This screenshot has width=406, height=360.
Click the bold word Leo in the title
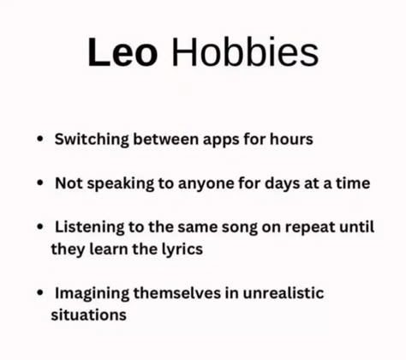click(122, 52)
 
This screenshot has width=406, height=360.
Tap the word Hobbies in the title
click(245, 51)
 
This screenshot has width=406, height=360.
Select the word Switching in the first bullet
click(92, 140)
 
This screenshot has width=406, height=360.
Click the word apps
click(221, 141)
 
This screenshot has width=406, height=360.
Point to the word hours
click(291, 139)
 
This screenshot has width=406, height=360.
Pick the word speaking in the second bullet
click(120, 183)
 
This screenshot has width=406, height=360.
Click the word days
click(283, 183)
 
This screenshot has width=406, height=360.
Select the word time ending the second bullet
click(353, 183)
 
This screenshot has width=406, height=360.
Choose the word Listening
click(90, 227)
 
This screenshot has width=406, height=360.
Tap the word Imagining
click(92, 293)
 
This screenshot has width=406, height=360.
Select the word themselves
click(177, 293)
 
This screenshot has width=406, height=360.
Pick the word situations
click(88, 315)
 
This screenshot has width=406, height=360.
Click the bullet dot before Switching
click(40, 139)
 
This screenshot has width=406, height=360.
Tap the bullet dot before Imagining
click(40, 293)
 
